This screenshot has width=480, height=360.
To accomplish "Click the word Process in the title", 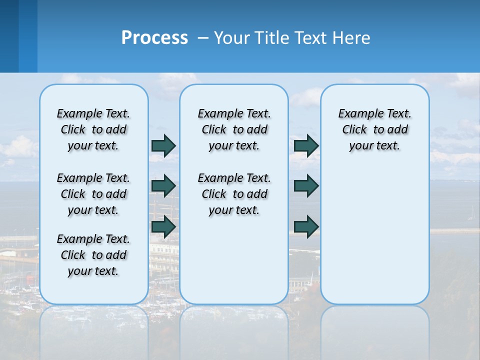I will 154,38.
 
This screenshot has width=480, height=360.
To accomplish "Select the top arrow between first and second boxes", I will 163,145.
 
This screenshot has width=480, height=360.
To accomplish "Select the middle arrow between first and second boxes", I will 163,186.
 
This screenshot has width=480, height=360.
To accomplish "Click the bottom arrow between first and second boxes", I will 163,227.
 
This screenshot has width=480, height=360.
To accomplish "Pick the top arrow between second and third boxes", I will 306,145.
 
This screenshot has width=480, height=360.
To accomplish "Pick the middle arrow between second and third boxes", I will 306,186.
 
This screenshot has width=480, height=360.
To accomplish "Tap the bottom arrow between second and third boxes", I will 306,227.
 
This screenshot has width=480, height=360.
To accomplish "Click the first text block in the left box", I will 93,129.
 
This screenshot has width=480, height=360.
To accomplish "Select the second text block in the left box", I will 93,194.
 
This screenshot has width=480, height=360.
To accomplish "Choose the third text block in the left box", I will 93,255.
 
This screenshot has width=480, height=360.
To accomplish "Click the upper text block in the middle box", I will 234,129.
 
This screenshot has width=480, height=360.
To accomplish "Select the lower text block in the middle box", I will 234,194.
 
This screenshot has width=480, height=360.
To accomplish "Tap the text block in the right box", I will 375,129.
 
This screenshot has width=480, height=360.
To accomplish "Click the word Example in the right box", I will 357,114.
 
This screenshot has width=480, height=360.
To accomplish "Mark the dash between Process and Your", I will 203,38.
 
